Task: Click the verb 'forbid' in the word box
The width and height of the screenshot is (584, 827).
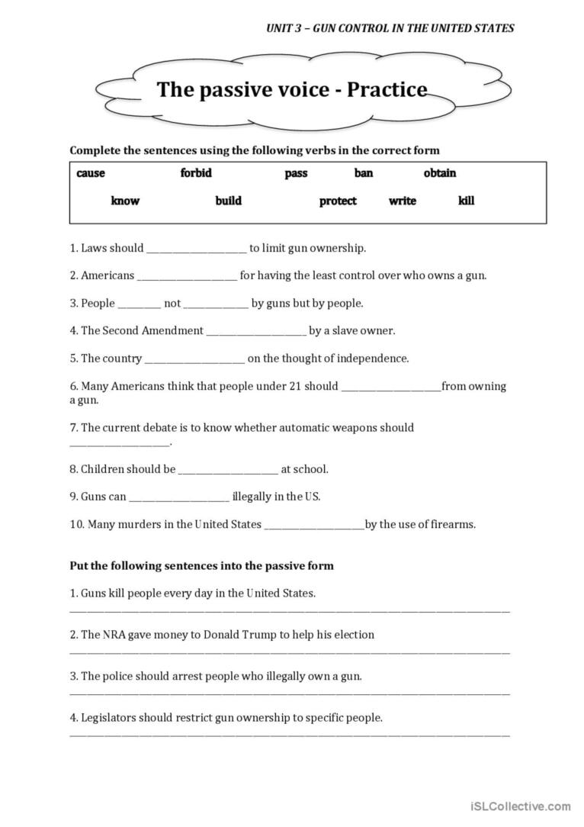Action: click(196, 173)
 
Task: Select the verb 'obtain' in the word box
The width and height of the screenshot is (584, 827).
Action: click(440, 173)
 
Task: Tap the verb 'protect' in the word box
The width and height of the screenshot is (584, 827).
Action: click(338, 201)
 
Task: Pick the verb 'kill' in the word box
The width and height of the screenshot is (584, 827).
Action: click(466, 201)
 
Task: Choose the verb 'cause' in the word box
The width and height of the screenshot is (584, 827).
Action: click(91, 173)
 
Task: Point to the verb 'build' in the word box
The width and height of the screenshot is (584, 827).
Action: click(228, 201)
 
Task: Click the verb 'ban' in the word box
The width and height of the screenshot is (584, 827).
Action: click(364, 173)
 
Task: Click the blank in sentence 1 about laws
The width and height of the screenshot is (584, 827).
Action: click(196, 249)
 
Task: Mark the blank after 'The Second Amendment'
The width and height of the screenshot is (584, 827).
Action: click(256, 332)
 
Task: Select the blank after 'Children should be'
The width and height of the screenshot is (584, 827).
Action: click(228, 470)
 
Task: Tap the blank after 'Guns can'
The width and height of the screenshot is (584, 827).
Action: click(179, 497)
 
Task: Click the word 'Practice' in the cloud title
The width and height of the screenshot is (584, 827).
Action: click(387, 90)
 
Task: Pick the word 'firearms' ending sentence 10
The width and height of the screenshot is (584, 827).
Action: click(453, 524)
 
